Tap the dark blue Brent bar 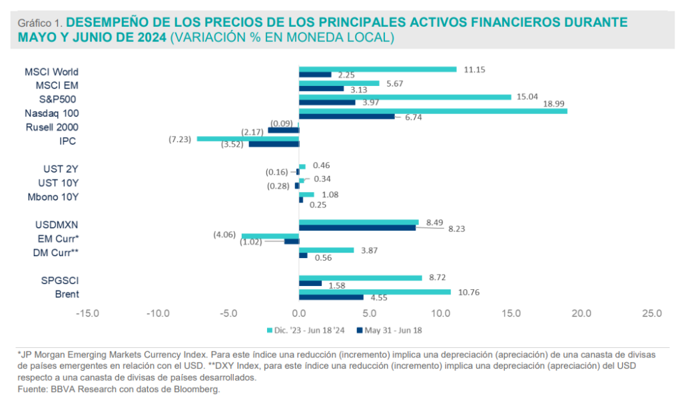[x=331, y=297]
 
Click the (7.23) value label [x=182, y=139]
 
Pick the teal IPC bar [x=248, y=139]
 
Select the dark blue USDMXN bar [x=357, y=227]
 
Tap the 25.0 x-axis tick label [x=652, y=313]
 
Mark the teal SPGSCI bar [x=360, y=277]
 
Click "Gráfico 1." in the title [x=40, y=23]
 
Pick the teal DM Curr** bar [x=326, y=250]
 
